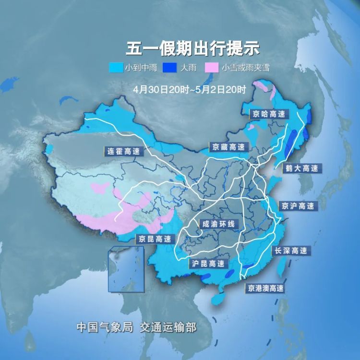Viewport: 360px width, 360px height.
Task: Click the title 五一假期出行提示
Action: (x=192, y=48)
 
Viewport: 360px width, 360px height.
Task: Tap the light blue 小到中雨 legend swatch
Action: (x=117, y=68)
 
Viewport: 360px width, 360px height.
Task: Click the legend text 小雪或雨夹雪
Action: (x=245, y=68)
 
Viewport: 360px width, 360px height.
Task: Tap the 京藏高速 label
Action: (x=228, y=147)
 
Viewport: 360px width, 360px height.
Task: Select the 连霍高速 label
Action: (x=123, y=151)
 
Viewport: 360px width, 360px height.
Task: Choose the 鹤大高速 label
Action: (x=301, y=168)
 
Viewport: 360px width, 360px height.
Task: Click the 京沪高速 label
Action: (x=298, y=206)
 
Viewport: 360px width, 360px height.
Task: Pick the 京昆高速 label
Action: (x=154, y=239)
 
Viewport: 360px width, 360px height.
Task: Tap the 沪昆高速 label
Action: (x=208, y=264)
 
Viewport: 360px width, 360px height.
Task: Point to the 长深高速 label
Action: (x=290, y=251)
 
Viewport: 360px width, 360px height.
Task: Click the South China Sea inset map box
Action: (x=126, y=269)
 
